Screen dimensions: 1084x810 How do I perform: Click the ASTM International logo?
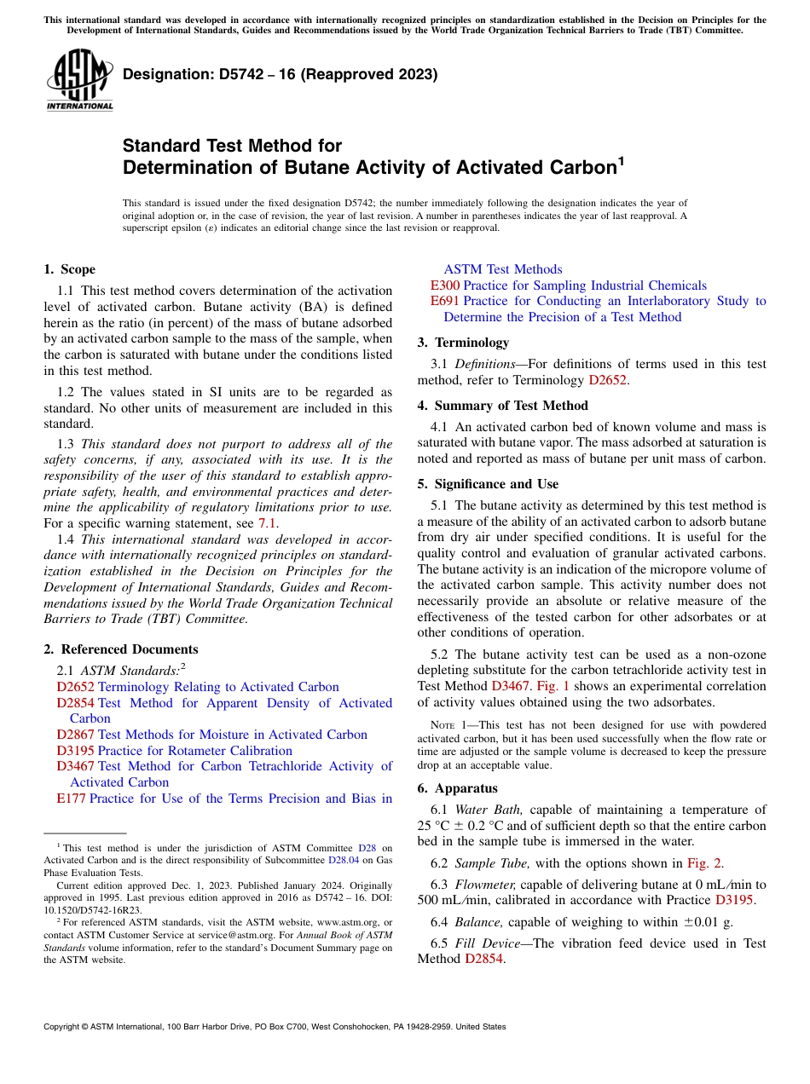(x=79, y=79)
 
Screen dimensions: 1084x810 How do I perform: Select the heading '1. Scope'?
(x=70, y=269)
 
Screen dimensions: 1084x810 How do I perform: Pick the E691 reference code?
(x=445, y=301)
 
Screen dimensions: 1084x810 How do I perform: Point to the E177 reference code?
(x=71, y=799)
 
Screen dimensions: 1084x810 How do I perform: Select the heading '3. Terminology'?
(x=463, y=343)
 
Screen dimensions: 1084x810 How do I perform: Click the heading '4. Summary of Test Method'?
(x=502, y=406)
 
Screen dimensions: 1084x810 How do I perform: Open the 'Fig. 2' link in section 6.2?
(x=705, y=863)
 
